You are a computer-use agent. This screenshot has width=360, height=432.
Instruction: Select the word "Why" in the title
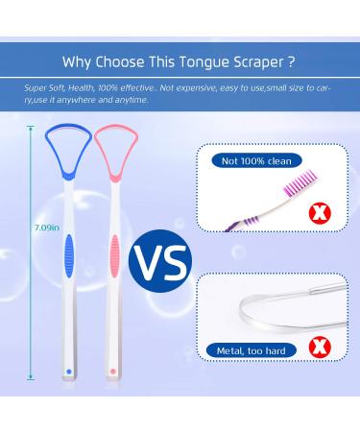click(78, 63)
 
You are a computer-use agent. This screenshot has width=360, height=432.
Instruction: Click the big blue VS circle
click(159, 257)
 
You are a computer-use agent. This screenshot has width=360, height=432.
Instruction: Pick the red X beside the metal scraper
click(326, 352)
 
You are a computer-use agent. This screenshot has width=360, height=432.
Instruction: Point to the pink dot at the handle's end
click(113, 371)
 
